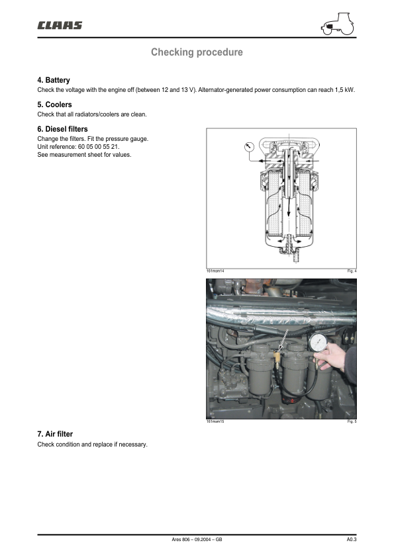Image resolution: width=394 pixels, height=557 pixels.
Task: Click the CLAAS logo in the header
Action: (x=60, y=25)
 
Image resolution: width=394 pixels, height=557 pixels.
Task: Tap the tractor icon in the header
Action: (x=338, y=24)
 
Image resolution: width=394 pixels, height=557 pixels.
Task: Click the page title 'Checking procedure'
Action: (x=197, y=52)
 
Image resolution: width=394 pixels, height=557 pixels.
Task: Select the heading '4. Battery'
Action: (x=54, y=80)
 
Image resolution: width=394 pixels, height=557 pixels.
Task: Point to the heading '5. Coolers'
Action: (x=54, y=105)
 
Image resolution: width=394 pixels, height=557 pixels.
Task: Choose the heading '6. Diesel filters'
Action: (x=63, y=129)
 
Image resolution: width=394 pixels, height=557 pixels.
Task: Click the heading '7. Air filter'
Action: (x=55, y=434)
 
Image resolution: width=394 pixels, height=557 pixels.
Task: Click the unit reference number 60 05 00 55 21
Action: (x=98, y=147)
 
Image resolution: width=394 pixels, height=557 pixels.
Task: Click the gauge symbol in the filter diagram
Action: (x=249, y=147)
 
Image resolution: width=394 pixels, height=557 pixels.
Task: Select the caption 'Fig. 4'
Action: (x=352, y=271)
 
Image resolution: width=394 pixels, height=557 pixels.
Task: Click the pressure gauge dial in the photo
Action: (x=318, y=343)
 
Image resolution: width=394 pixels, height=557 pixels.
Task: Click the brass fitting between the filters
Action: (x=276, y=357)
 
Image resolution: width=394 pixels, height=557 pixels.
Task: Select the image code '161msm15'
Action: (x=215, y=421)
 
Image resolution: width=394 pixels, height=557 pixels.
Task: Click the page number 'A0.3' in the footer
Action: (x=352, y=539)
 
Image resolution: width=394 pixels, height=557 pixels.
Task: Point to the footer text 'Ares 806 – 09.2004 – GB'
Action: (x=197, y=539)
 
